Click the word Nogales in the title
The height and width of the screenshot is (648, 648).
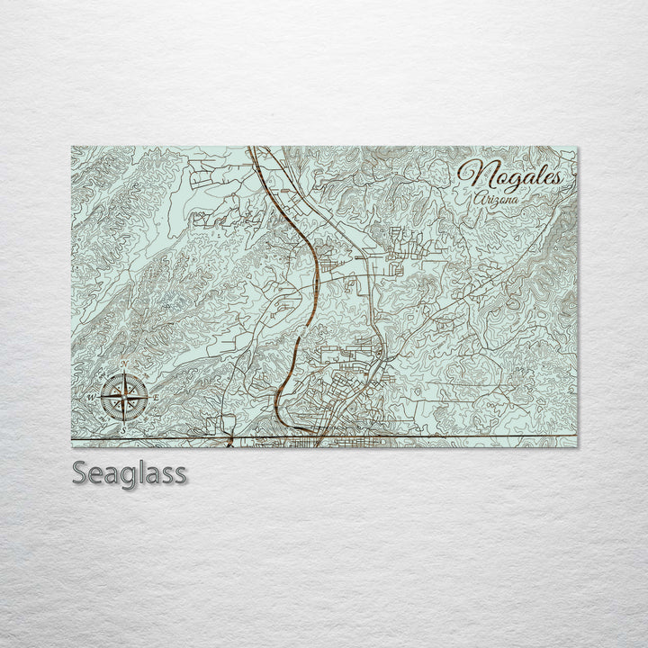(510, 175)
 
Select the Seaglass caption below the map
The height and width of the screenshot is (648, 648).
(130, 473)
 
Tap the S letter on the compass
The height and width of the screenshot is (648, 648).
(124, 425)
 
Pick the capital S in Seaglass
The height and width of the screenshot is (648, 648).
(81, 473)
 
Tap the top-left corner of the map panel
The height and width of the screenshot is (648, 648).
(72, 148)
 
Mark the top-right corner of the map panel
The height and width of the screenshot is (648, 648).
(577, 148)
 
